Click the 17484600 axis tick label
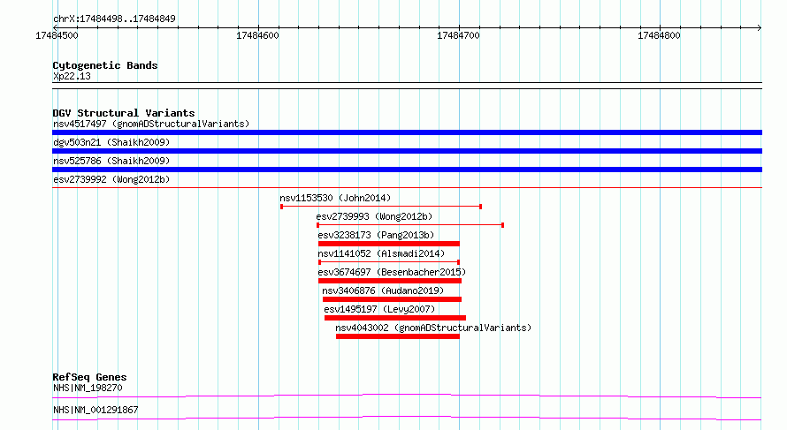pyautogui.click(x=257, y=35)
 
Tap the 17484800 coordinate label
pyautogui.click(x=659, y=35)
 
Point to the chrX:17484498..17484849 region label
pyautogui.click(x=114, y=19)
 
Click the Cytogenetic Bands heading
pyautogui.click(x=105, y=65)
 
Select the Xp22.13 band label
pyautogui.click(x=72, y=76)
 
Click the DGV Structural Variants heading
pyautogui.click(x=124, y=113)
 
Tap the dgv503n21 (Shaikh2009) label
pyautogui.click(x=111, y=142)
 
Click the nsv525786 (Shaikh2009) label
pyautogui.click(x=111, y=161)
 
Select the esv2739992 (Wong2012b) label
pyautogui.click(x=111, y=179)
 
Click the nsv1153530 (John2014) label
pyautogui.click(x=335, y=198)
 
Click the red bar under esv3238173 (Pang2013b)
pyautogui.click(x=388, y=244)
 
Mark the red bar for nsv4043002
pyautogui.click(x=398, y=336)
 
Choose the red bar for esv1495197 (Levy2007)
pyautogui.click(x=395, y=318)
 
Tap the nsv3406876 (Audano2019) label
pyautogui.click(x=383, y=290)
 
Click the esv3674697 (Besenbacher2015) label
pyautogui.click(x=392, y=272)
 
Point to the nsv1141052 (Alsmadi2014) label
pyautogui.click(x=381, y=253)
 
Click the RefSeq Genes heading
pyautogui.click(x=89, y=377)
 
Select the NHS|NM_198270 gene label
pyautogui.click(x=88, y=388)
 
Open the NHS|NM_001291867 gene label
pyautogui.click(x=96, y=410)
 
